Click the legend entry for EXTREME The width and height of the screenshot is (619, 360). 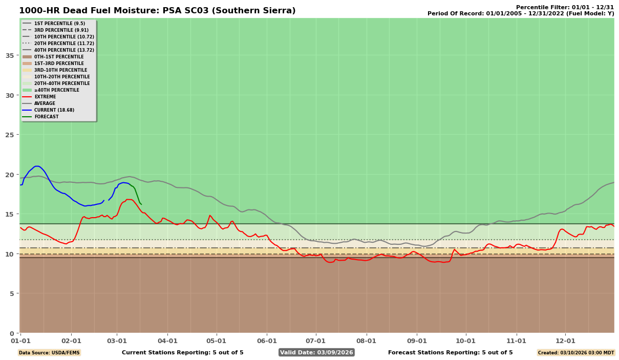[x=45, y=97]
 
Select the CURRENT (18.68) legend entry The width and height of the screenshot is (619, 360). [x=54, y=110]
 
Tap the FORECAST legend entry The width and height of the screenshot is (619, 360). [x=46, y=117]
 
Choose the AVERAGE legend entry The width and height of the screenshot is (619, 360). [x=45, y=103]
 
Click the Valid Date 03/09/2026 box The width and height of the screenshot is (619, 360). [x=316, y=352]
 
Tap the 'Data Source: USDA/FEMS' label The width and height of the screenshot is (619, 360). [x=49, y=353]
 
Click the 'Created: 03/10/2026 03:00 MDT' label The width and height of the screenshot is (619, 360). [x=575, y=353]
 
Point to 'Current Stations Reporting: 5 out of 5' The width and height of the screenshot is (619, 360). [x=183, y=352]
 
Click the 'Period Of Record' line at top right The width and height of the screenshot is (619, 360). [x=521, y=14]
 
